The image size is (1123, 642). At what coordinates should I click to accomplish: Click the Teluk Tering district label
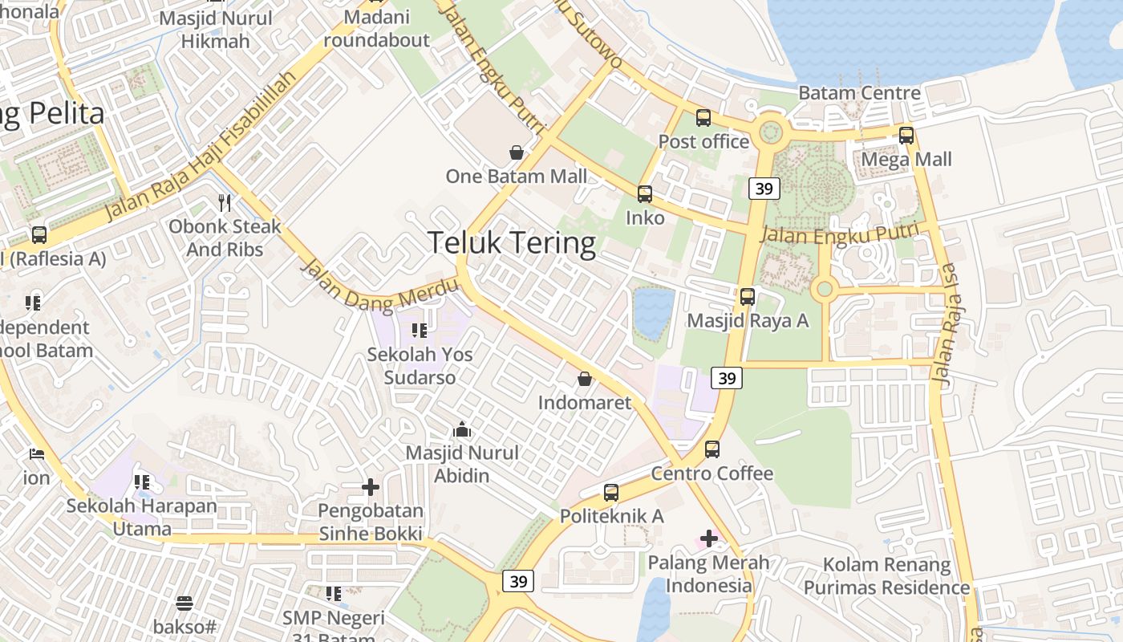coord(512,242)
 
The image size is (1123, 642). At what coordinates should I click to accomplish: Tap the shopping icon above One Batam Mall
coord(517,152)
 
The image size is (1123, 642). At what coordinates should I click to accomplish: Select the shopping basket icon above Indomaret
coord(585,378)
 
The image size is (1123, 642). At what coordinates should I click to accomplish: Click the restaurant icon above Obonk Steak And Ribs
coord(225,202)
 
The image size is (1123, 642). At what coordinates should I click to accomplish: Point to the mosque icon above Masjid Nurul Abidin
coord(462,429)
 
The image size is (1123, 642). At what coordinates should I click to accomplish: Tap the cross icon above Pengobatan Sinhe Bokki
coord(370,487)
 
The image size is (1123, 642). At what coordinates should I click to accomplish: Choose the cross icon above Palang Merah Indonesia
coord(708,538)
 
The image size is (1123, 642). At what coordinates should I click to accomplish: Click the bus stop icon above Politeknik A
coord(611,493)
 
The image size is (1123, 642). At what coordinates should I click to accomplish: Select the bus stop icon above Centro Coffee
coord(712,449)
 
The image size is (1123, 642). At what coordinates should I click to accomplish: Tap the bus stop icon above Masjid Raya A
coord(748,296)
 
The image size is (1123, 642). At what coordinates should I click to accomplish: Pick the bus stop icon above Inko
coord(645,193)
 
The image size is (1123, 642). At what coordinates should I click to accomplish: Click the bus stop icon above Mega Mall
coord(906,135)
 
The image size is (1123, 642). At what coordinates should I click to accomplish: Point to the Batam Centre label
coord(859,93)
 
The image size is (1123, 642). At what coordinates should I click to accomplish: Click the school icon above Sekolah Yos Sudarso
coord(419,330)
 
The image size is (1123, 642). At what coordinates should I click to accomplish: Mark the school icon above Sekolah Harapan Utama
coord(142,482)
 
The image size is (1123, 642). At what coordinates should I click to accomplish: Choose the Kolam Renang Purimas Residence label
coord(886,576)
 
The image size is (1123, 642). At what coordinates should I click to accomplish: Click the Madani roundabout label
coord(377,28)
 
